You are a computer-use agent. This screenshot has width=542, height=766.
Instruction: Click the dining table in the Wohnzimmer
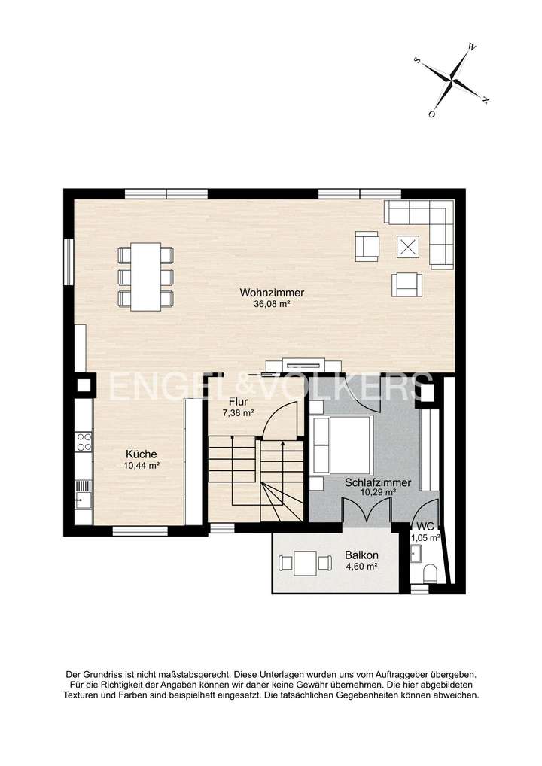pyautogui.click(x=145, y=276)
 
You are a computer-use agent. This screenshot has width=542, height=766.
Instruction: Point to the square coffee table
pyautogui.click(x=409, y=246)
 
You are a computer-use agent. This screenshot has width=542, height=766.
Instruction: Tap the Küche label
pyautogui.click(x=141, y=454)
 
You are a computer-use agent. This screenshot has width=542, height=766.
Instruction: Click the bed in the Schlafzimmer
pyautogui.click(x=343, y=444)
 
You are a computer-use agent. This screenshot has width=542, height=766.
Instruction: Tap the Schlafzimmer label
pyautogui.click(x=377, y=482)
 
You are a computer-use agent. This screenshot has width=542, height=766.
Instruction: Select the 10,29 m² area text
pyautogui.click(x=377, y=493)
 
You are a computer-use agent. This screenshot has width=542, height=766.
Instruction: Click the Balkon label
pyautogui.click(x=361, y=555)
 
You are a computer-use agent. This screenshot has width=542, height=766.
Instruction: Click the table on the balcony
pyautogui.click(x=305, y=563)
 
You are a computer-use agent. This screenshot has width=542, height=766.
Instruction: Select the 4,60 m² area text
pyautogui.click(x=361, y=567)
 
